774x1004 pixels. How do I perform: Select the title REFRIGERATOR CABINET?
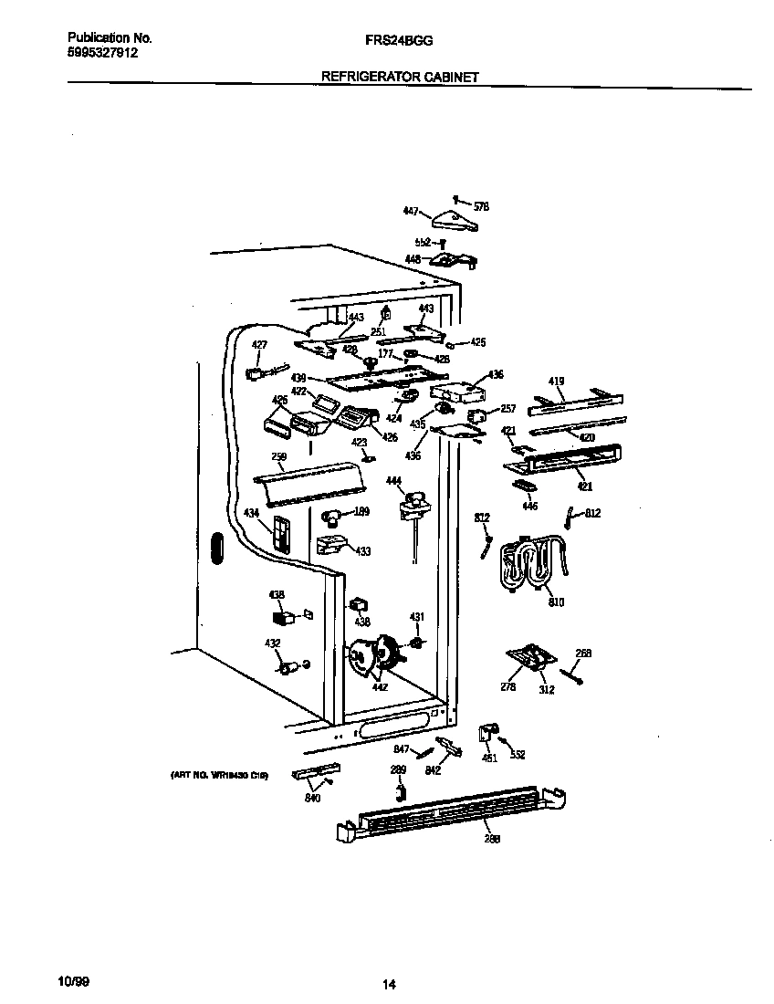pos(400,78)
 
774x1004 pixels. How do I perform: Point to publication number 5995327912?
pos(103,53)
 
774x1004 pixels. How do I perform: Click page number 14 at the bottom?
pos(389,985)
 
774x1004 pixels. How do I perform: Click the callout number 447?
pos(411,211)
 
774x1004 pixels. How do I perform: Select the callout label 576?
pos(482,207)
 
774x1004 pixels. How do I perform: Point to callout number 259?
pos(278,457)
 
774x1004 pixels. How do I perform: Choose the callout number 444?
pos(393,480)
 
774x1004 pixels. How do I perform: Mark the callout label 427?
pos(260,344)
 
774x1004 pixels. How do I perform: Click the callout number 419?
pos(556,382)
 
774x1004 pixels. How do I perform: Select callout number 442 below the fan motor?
pos(380,687)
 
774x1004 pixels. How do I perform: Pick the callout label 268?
pos(583,653)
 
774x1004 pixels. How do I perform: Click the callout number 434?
pos(251,515)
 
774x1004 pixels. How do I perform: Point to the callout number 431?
pos(416,618)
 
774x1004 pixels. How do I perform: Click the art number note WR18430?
pos(218,775)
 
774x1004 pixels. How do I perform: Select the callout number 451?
pos(490,758)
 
